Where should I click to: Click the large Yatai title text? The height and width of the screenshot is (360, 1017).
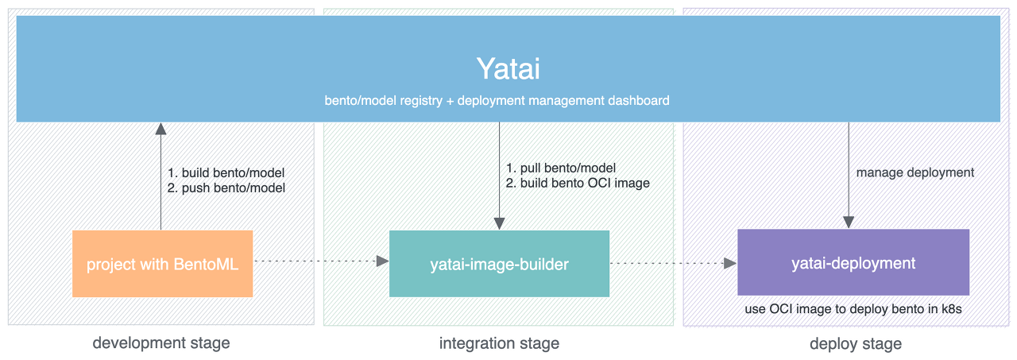click(508, 69)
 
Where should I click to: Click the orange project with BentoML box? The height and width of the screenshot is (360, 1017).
click(163, 264)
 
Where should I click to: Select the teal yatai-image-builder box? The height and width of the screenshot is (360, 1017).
click(500, 264)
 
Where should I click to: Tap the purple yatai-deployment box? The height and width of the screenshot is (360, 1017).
click(853, 262)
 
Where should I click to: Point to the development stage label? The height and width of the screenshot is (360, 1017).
click(161, 343)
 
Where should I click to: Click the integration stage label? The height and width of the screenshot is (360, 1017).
click(499, 343)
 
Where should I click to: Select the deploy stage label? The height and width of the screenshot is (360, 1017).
click(856, 343)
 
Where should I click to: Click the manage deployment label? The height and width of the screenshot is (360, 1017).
click(915, 172)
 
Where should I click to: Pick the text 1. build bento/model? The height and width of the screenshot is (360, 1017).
click(226, 173)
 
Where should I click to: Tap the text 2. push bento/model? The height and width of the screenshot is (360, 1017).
click(226, 188)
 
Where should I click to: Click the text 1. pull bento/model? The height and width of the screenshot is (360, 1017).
click(561, 168)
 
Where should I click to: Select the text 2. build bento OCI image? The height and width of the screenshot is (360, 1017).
click(578, 183)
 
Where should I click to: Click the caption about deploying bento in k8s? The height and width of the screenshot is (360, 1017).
click(853, 309)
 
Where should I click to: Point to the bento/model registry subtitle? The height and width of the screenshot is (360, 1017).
click(497, 100)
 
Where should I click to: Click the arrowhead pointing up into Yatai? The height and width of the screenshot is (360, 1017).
click(160, 129)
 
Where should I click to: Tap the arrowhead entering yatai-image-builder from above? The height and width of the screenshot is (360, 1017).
click(500, 224)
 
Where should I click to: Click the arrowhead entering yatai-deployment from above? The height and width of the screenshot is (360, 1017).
click(849, 223)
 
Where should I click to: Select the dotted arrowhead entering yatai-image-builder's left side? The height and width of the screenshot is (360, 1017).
click(383, 261)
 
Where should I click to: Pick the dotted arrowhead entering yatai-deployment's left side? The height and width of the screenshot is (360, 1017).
click(730, 263)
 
